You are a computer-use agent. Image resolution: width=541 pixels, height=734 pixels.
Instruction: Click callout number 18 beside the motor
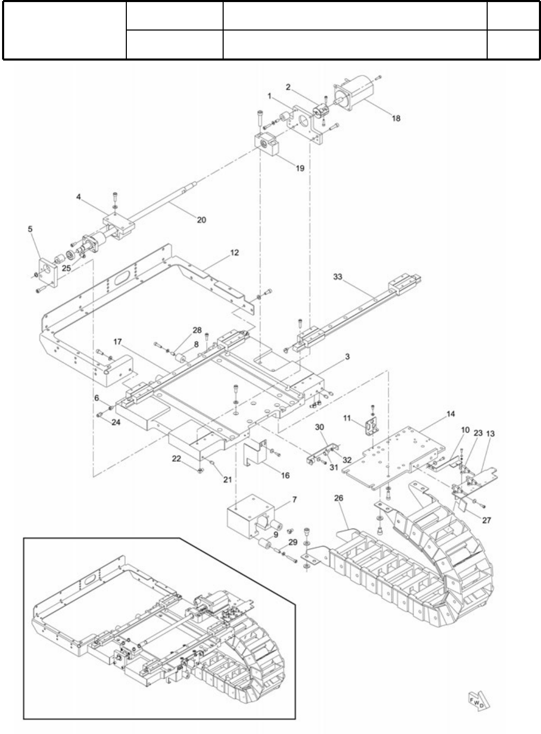pyautogui.click(x=396, y=118)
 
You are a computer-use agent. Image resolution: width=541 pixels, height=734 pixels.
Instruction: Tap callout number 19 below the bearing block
pyautogui.click(x=300, y=168)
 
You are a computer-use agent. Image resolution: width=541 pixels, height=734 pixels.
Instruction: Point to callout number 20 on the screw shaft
pyautogui.click(x=201, y=219)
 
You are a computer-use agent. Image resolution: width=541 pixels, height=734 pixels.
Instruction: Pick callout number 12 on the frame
pyautogui.click(x=235, y=253)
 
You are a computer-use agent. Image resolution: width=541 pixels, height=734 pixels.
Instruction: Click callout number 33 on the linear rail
pyautogui.click(x=338, y=277)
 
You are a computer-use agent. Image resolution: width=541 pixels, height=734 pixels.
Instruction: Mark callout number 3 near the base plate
pyautogui.click(x=347, y=357)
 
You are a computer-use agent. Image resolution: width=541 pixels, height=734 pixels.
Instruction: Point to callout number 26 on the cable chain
pyautogui.click(x=339, y=498)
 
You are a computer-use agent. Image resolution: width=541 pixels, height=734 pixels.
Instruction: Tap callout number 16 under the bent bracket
pyautogui.click(x=285, y=475)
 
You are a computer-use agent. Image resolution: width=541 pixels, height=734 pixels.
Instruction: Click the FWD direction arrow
pyautogui.click(x=477, y=701)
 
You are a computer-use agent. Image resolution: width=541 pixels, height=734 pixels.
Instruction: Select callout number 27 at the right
pyautogui.click(x=487, y=520)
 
